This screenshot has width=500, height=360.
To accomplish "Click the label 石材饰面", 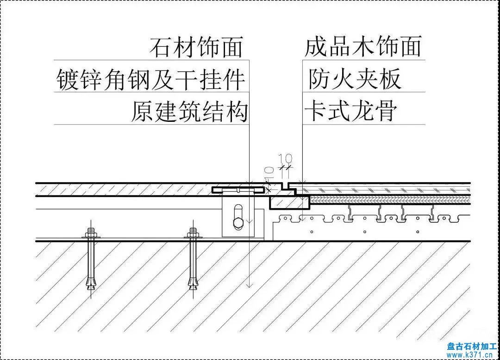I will pyautogui.click(x=196, y=48).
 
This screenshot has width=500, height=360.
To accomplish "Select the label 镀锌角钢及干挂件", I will pyautogui.click(x=150, y=80).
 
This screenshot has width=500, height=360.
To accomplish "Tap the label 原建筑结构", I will pyautogui.click(x=189, y=112).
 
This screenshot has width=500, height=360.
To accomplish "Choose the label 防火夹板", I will pyautogui.click(x=355, y=80).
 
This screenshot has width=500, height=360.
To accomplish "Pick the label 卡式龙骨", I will pyautogui.click(x=350, y=112).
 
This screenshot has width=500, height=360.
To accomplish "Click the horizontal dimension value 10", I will pyautogui.click(x=287, y=158).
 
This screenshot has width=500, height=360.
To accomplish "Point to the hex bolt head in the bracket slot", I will pyautogui.click(x=237, y=223).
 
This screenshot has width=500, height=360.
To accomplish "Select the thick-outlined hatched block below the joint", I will pyautogui.click(x=289, y=202).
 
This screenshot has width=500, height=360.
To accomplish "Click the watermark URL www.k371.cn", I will pyautogui.click(x=473, y=355).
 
